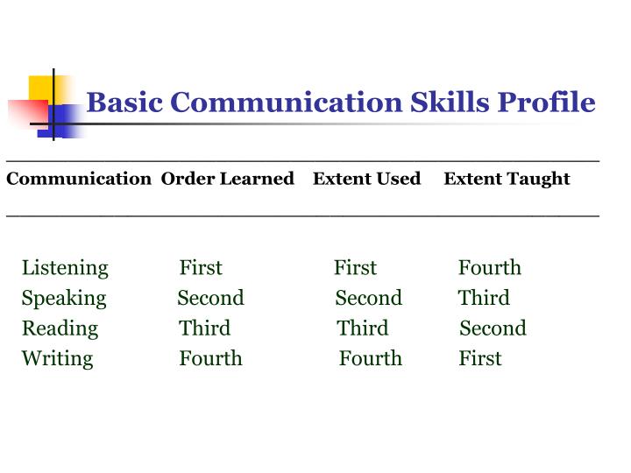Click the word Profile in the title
pos(547,102)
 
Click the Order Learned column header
pos(227,179)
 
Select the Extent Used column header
pos(366,179)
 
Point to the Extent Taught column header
pos(507,179)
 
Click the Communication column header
pos(79,179)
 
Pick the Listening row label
pos(65,268)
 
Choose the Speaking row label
pos(64,298)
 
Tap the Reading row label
pos(60,328)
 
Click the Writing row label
pos(57,358)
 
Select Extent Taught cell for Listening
pos(490,268)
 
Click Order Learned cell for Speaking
pos(210,298)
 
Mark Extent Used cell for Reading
pos(362,328)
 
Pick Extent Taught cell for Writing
pos(480,358)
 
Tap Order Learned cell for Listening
pos(201,268)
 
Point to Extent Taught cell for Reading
pos(493,328)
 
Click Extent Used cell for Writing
pos(371,358)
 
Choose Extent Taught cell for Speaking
pos(484,298)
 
